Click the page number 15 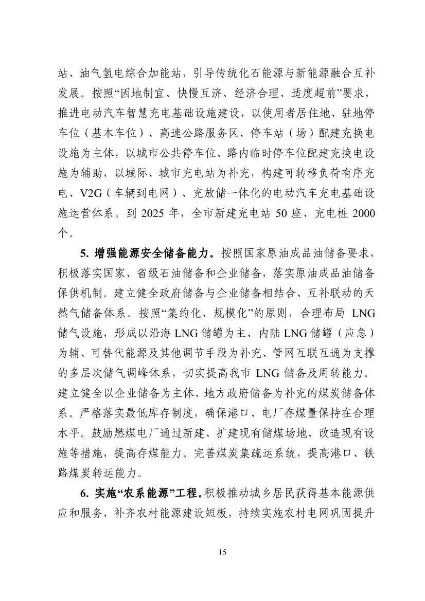click(222, 552)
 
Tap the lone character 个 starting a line click(62, 233)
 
